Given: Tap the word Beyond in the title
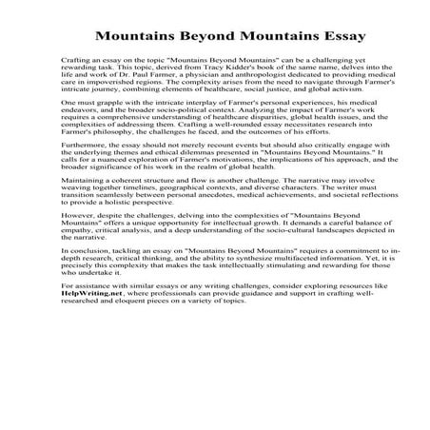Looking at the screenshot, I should click(191, 43).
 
